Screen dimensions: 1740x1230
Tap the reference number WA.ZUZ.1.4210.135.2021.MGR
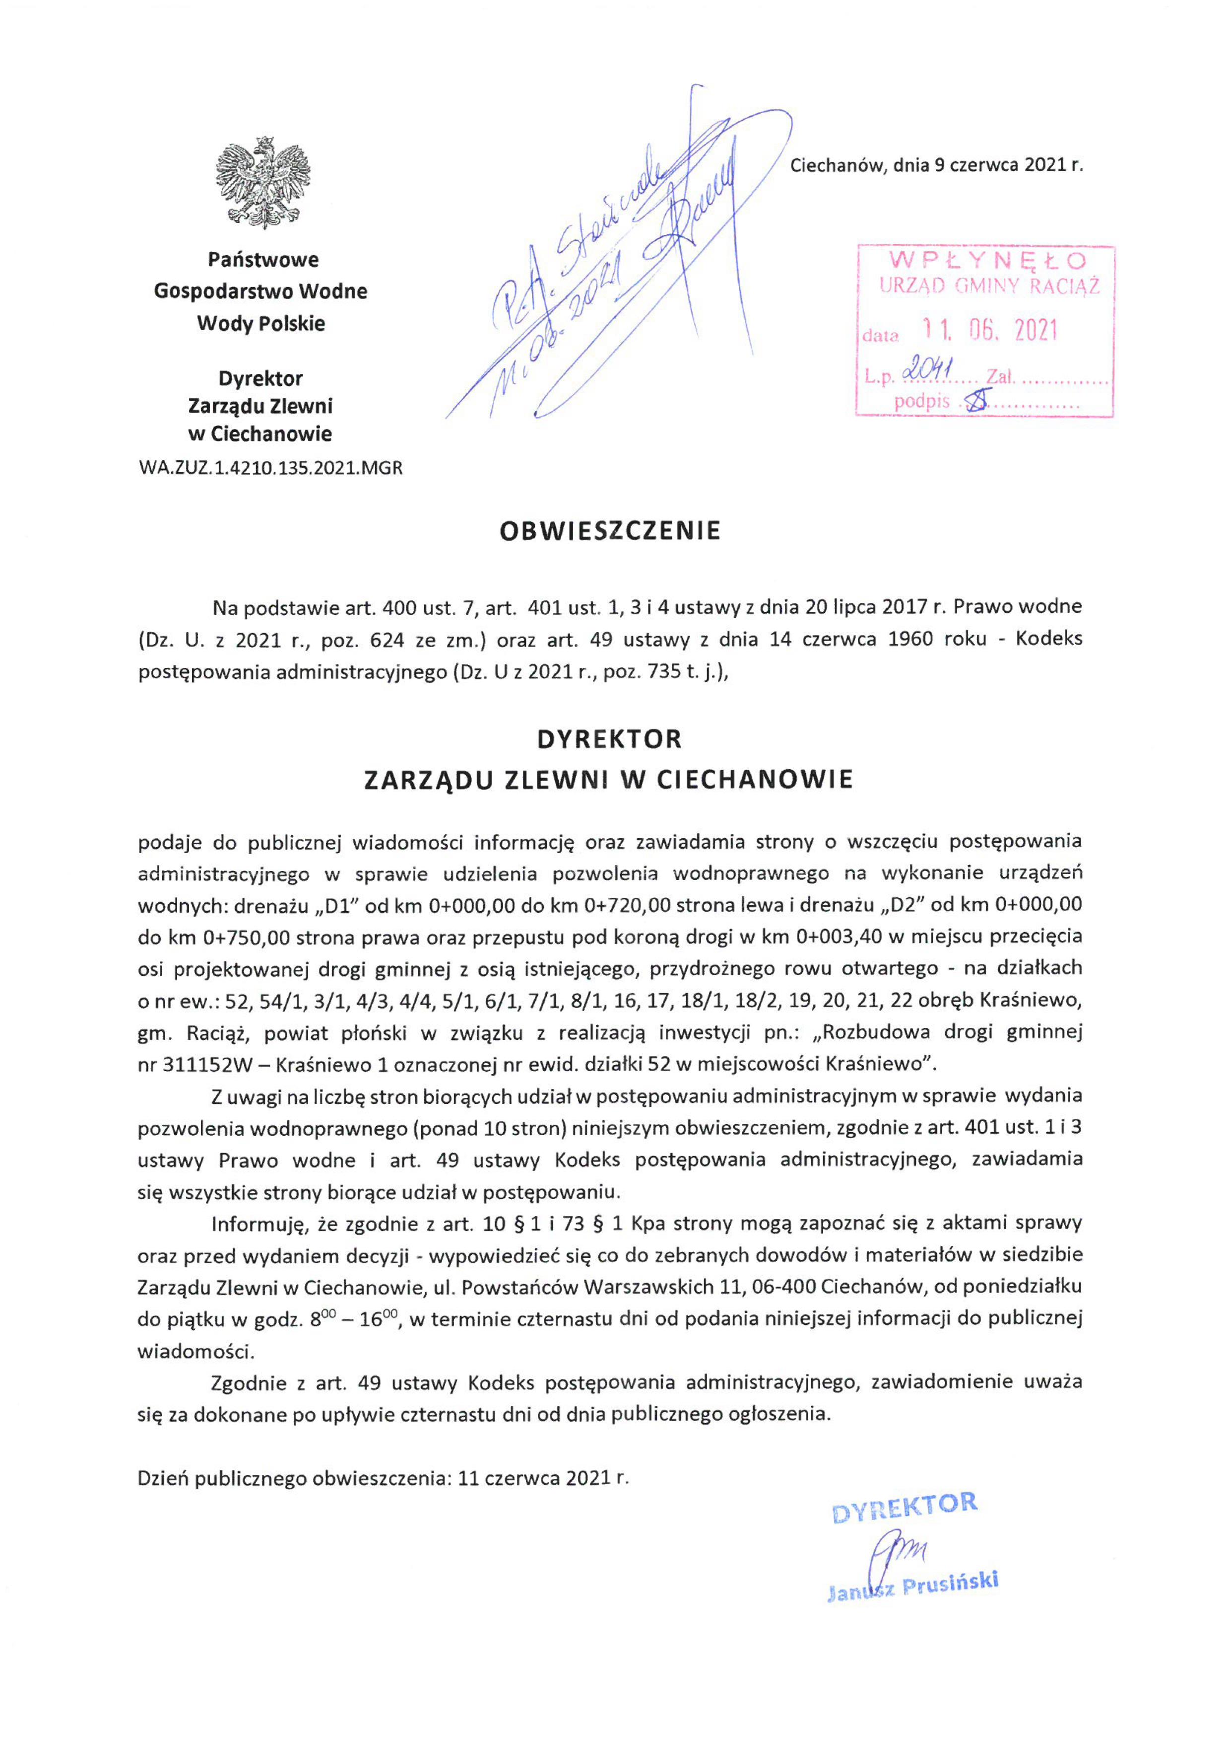[270, 468]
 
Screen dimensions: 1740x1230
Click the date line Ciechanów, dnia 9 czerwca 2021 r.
[937, 165]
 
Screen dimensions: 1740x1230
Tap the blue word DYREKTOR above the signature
[905, 1509]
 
